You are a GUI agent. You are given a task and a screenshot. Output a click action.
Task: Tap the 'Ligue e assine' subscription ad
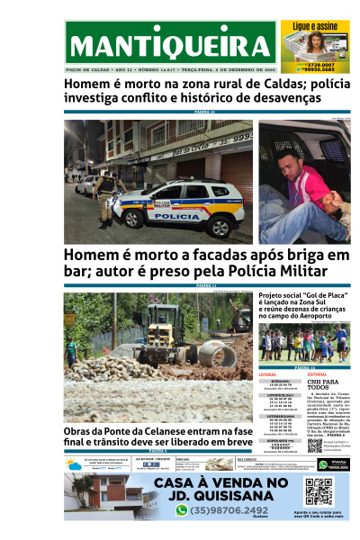pos(314,45)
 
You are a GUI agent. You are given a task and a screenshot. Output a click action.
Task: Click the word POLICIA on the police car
pos(184,217)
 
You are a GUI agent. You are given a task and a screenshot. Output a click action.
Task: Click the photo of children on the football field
pos(303,342)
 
